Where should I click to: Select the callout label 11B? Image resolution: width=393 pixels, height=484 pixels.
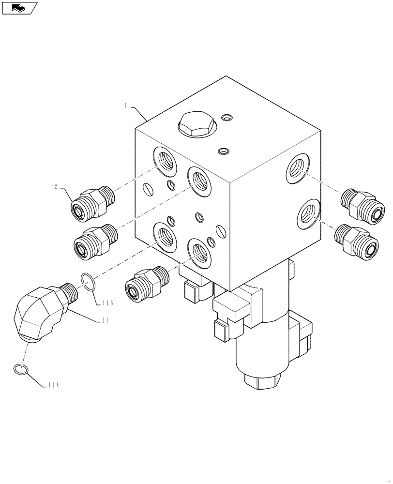tap(107, 303)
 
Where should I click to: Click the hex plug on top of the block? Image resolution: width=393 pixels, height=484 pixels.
tap(196, 125)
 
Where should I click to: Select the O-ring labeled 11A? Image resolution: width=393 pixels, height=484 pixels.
tap(20, 370)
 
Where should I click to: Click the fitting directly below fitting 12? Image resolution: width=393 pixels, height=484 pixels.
tap(95, 240)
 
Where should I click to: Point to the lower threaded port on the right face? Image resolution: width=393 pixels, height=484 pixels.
tap(307, 213)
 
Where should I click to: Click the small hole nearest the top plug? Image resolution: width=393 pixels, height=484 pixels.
tap(226, 118)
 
